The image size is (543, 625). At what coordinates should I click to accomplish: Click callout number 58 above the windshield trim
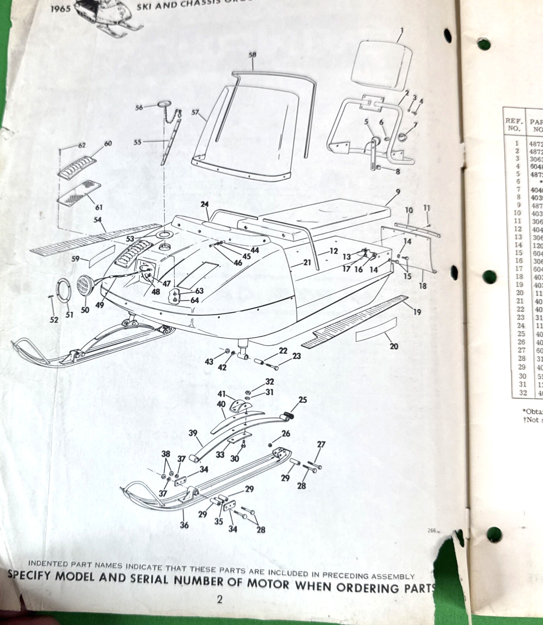252,55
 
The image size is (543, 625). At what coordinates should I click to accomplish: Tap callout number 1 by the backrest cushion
402,30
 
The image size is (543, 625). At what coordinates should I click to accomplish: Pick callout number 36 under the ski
184,525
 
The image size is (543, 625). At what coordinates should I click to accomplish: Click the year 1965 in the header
61,9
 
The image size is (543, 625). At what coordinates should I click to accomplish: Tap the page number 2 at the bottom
220,600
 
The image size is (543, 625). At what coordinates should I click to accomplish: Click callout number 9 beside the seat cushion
398,192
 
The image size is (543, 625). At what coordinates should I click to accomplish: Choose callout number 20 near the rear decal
394,346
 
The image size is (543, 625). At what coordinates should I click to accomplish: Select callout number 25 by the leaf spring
303,400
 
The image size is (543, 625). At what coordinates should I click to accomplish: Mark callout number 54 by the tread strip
98,220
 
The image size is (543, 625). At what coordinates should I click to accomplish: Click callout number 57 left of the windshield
196,112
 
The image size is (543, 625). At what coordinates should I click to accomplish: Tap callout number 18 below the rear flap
423,286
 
